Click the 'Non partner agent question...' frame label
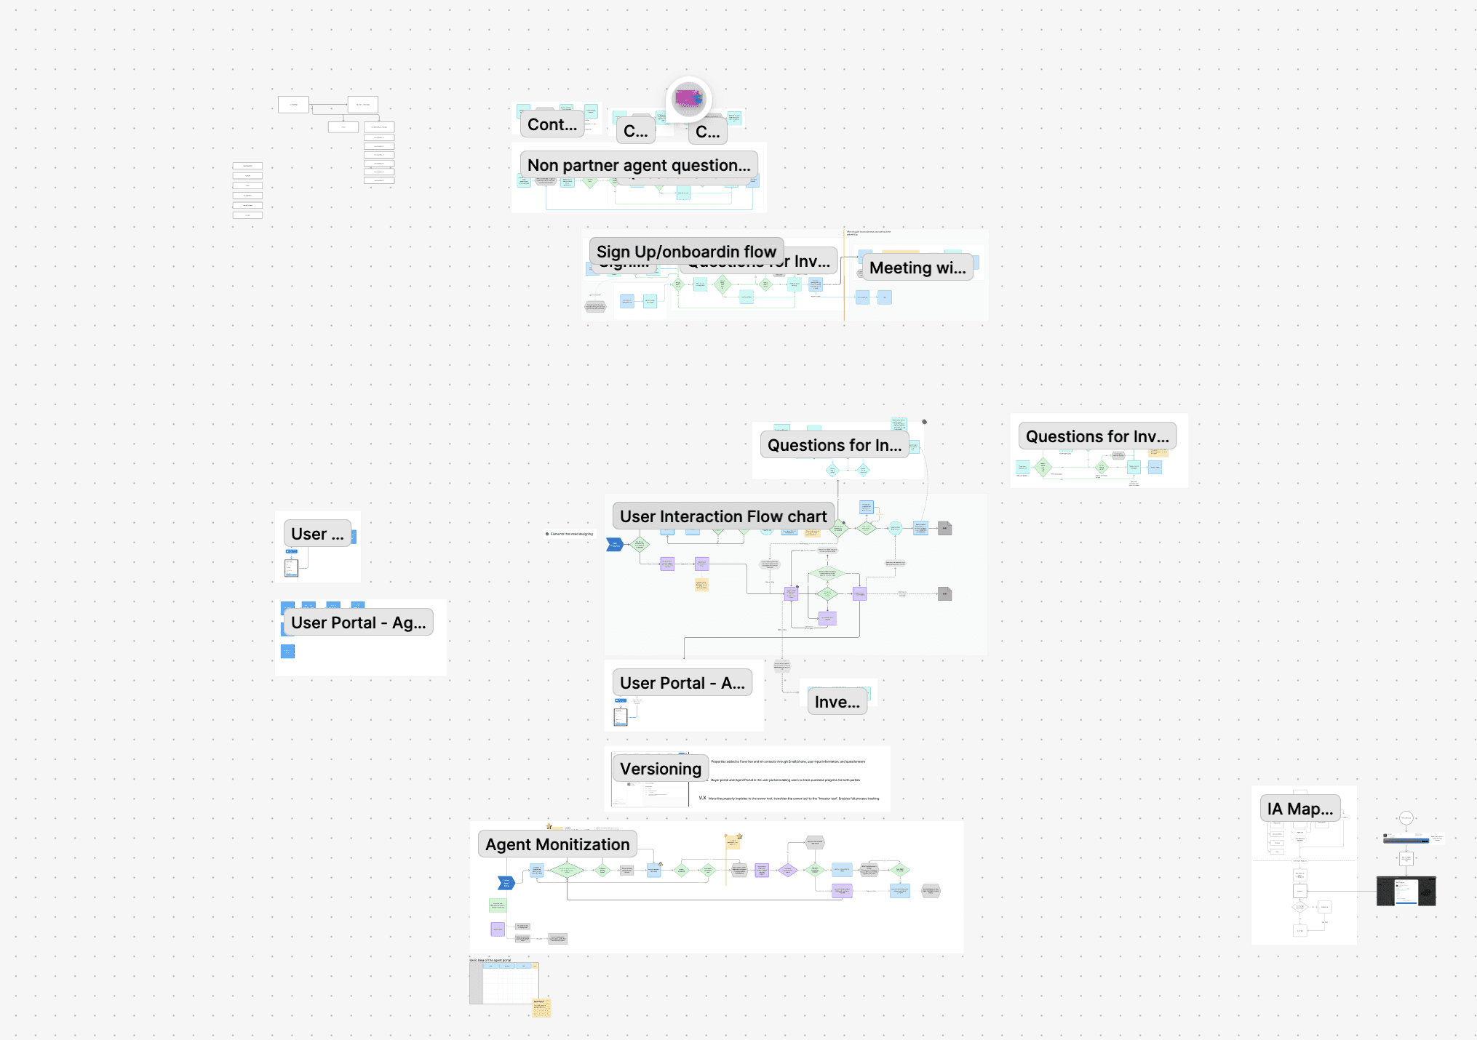click(x=639, y=166)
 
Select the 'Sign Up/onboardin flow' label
click(x=686, y=252)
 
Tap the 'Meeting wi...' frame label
click(x=917, y=268)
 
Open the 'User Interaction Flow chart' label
click(x=723, y=516)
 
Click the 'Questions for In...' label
click(x=834, y=445)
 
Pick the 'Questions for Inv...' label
click(x=1097, y=436)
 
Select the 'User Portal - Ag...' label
click(x=358, y=623)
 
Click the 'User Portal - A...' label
click(x=682, y=683)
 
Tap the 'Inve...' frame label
click(x=837, y=702)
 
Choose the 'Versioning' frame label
click(x=660, y=769)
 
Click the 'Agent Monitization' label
click(x=557, y=844)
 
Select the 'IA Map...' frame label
click(x=1299, y=809)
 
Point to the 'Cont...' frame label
click(x=552, y=124)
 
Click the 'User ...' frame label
click(x=317, y=534)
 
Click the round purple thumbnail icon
click(x=688, y=98)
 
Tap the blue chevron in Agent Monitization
click(x=506, y=883)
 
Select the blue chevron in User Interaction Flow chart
click(x=615, y=545)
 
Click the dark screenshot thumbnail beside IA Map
click(x=1406, y=891)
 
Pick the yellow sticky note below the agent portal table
click(x=542, y=1008)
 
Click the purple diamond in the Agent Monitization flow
click(x=787, y=870)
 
